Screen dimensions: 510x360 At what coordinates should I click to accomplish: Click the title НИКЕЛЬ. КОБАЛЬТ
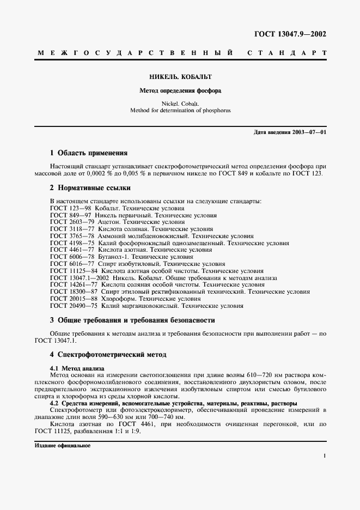(180, 77)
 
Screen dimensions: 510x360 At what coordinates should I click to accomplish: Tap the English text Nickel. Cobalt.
(180, 103)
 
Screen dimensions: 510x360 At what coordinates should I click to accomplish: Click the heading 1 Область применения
(89, 153)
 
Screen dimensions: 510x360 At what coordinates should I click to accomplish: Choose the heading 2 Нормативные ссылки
(90, 188)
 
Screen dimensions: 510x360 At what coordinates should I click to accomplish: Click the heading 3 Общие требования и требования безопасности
(132, 320)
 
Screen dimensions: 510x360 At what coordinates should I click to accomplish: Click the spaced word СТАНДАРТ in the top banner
(286, 53)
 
